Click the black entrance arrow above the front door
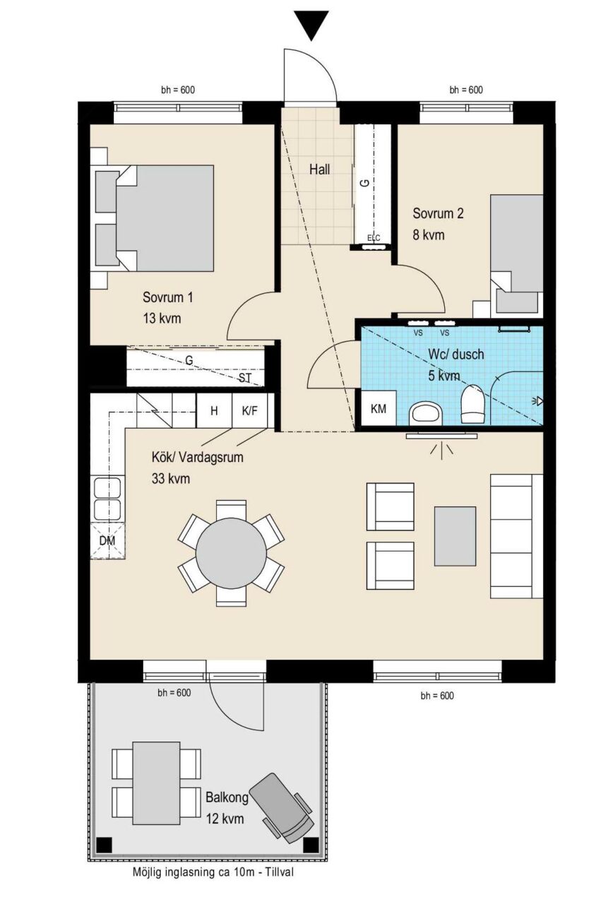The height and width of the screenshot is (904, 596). click(311, 25)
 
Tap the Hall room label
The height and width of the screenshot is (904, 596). click(320, 169)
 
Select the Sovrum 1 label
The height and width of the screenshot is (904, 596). click(167, 297)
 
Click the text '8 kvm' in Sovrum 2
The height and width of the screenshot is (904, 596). click(428, 235)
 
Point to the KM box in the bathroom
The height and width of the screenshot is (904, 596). click(378, 408)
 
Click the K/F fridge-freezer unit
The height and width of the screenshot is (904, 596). click(250, 411)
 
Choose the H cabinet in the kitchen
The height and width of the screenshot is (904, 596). click(214, 411)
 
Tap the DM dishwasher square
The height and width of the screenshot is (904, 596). click(107, 541)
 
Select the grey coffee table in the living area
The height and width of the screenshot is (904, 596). click(455, 536)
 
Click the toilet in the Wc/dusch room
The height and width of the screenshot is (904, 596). click(472, 405)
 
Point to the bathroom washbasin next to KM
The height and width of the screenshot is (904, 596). click(426, 415)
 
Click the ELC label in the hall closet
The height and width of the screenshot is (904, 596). click(374, 238)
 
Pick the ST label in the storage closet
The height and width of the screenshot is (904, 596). click(245, 378)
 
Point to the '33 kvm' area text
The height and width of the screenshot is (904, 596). click(171, 479)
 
